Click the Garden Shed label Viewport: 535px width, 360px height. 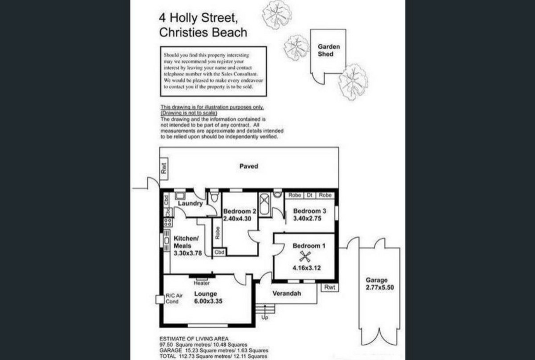pyautogui.click(x=329, y=50)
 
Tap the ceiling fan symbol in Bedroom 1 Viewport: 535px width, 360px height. pyautogui.click(x=305, y=257)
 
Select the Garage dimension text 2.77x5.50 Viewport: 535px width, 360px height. pyautogui.click(x=380, y=288)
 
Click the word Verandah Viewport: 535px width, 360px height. pyautogui.click(x=287, y=293)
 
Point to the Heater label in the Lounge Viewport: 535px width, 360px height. pyautogui.click(x=201, y=283)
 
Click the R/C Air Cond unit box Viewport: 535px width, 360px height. pyautogui.click(x=160, y=299)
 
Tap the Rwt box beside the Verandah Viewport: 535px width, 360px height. pyautogui.click(x=330, y=287)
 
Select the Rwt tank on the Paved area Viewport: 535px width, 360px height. pyautogui.click(x=164, y=169)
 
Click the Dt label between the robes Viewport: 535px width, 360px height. pyautogui.click(x=309, y=195)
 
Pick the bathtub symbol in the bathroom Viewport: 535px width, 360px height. pyautogui.click(x=264, y=204)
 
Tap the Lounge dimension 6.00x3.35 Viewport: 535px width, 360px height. pyautogui.click(x=208, y=301)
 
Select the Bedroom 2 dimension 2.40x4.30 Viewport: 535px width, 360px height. pyautogui.click(x=237, y=219)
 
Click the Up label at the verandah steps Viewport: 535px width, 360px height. pyautogui.click(x=265, y=317)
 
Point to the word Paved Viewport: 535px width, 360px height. pyautogui.click(x=249, y=166)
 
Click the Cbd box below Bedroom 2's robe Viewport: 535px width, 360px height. pyautogui.click(x=220, y=252)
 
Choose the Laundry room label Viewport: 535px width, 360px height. pyautogui.click(x=190, y=203)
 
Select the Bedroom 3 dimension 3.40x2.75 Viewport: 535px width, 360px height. pyautogui.click(x=307, y=218)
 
